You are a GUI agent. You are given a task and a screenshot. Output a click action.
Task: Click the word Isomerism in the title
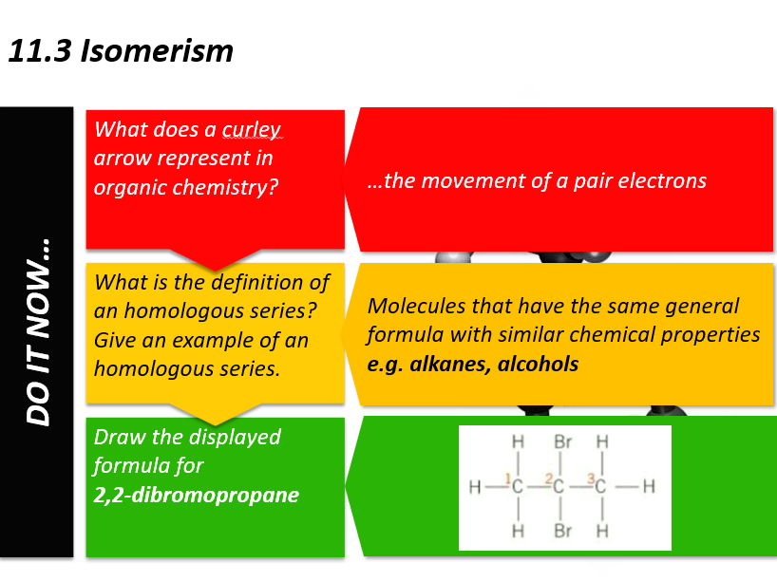pyautogui.click(x=157, y=49)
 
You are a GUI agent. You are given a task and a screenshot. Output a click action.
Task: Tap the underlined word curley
pyautogui.click(x=252, y=129)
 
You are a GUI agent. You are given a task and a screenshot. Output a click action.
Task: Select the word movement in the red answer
pyautogui.click(x=470, y=180)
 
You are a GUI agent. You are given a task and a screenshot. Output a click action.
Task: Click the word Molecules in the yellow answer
pyautogui.click(x=415, y=307)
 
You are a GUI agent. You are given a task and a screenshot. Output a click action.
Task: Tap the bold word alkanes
pyautogui.click(x=450, y=364)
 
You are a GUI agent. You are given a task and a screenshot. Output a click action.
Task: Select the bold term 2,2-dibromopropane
pyautogui.click(x=196, y=495)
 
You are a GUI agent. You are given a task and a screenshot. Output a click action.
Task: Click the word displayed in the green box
pyautogui.click(x=235, y=437)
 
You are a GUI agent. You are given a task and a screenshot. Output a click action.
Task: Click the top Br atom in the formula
pyautogui.click(x=562, y=442)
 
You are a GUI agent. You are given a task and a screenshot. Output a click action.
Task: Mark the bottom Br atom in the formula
pyautogui.click(x=562, y=531)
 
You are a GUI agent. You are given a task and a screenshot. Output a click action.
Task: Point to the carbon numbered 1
pyautogui.click(x=519, y=488)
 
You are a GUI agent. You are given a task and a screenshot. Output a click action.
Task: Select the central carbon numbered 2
pyautogui.click(x=560, y=488)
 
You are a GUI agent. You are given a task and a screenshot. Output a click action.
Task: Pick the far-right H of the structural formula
pyautogui.click(x=650, y=488)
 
